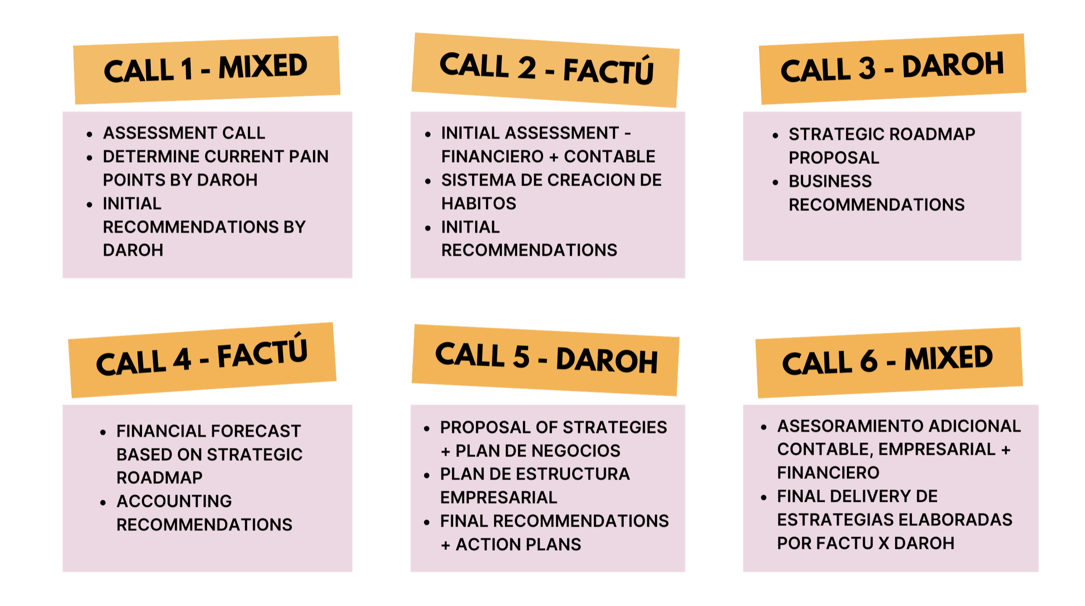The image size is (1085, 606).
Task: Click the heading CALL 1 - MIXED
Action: [206, 69]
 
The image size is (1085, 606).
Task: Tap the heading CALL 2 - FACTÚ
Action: [546, 69]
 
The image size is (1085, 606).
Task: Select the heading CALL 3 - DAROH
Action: [892, 68]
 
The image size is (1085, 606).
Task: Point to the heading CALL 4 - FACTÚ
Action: [202, 359]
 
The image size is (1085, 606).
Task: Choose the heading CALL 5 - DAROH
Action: [546, 358]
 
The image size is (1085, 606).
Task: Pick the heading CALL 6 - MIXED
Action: [887, 360]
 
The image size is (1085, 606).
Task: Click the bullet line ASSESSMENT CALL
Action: [184, 133]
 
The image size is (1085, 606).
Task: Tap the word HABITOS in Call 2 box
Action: [479, 204]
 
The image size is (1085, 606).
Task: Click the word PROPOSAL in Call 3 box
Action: [834, 158]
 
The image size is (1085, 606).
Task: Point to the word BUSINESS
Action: [830, 181]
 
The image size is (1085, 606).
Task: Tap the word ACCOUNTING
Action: [174, 501]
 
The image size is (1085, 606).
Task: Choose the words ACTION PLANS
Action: [518, 545]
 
